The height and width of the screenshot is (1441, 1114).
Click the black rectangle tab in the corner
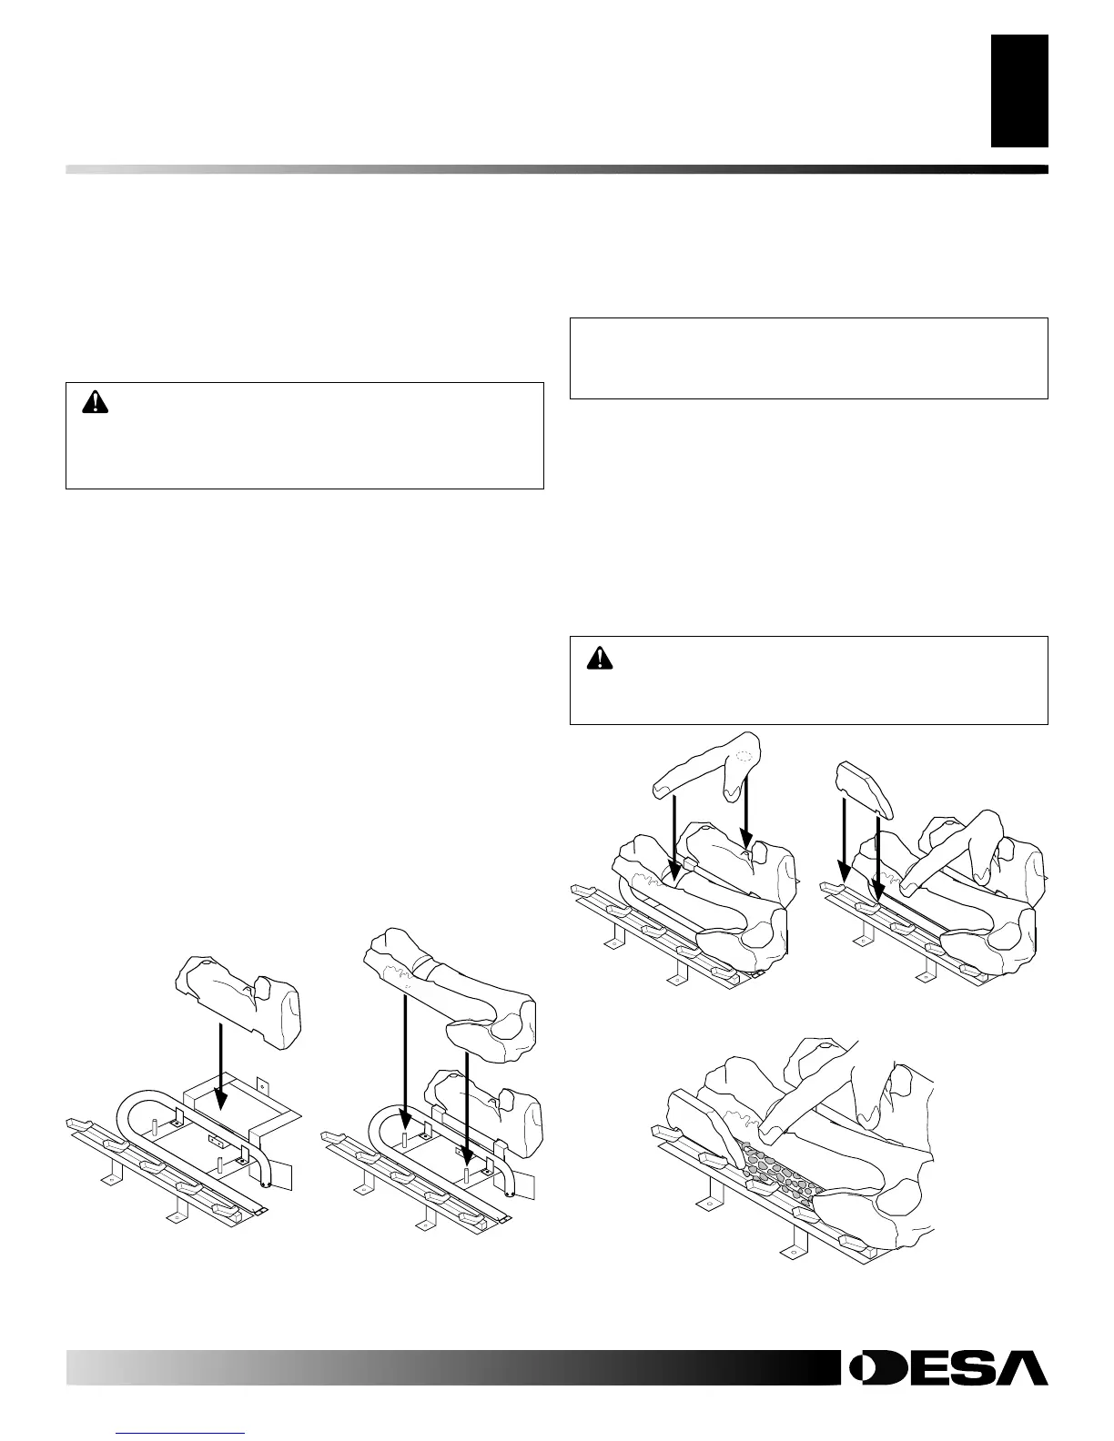(1019, 91)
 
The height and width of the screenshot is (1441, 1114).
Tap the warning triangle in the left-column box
(94, 403)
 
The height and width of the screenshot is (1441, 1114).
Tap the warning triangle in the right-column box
(599, 657)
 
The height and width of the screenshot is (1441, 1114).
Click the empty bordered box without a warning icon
(808, 358)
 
